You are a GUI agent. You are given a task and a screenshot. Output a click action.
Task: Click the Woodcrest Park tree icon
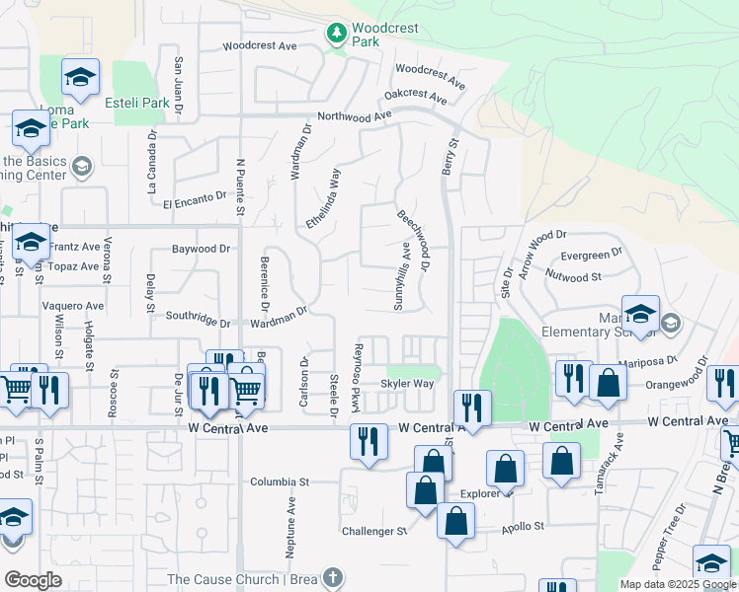coord(336,34)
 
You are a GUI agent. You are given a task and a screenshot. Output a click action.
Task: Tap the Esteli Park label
coord(141,103)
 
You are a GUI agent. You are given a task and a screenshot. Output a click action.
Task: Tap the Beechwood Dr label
coord(414,239)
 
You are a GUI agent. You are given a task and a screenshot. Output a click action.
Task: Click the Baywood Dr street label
coord(201,250)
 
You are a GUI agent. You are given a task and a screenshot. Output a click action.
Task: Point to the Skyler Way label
coord(408,384)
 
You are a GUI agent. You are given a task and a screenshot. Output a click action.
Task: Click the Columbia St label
coord(280,482)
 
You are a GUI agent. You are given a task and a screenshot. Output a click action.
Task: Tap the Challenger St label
coord(374,531)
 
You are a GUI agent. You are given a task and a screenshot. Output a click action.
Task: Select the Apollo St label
coord(524,526)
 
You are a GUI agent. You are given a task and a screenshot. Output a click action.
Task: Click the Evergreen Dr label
coord(592,255)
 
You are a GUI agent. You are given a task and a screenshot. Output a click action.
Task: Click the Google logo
coord(33,581)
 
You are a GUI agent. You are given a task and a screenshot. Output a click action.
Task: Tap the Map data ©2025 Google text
coord(678,584)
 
